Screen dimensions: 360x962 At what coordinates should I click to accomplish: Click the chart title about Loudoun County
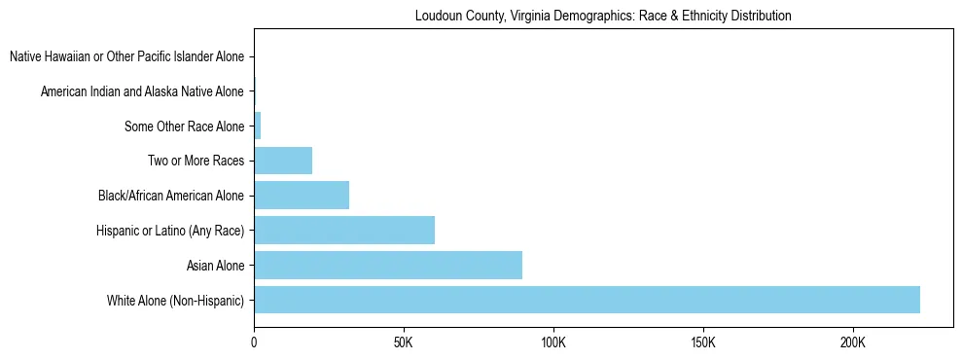(x=602, y=16)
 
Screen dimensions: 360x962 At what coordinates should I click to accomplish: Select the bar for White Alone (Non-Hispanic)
(x=587, y=300)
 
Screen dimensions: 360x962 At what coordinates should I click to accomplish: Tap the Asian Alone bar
(x=388, y=265)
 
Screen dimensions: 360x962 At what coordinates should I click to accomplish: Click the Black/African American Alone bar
(x=302, y=196)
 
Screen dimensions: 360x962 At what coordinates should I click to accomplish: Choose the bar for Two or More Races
(x=283, y=161)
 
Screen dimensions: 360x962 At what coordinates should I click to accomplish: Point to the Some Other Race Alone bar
(x=258, y=126)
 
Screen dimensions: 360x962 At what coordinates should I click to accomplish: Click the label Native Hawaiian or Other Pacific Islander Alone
(x=126, y=57)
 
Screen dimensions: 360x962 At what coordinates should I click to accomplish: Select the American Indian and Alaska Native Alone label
(x=142, y=91)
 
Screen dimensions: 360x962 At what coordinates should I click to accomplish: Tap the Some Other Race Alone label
(x=184, y=126)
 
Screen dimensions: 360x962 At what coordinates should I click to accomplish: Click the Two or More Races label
(x=197, y=161)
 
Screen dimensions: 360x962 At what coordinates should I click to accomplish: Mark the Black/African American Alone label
(x=171, y=196)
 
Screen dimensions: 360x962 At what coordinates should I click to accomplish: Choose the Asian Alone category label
(x=215, y=265)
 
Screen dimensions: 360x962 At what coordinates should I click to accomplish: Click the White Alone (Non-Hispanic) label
(x=176, y=300)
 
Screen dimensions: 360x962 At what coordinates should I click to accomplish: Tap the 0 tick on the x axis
(x=254, y=343)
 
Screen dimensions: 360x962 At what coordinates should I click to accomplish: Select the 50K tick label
(x=404, y=343)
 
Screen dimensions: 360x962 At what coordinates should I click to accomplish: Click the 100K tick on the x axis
(x=553, y=343)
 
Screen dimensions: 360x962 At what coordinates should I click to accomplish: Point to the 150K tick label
(x=703, y=343)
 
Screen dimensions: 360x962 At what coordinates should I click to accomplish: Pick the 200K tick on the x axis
(x=853, y=343)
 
